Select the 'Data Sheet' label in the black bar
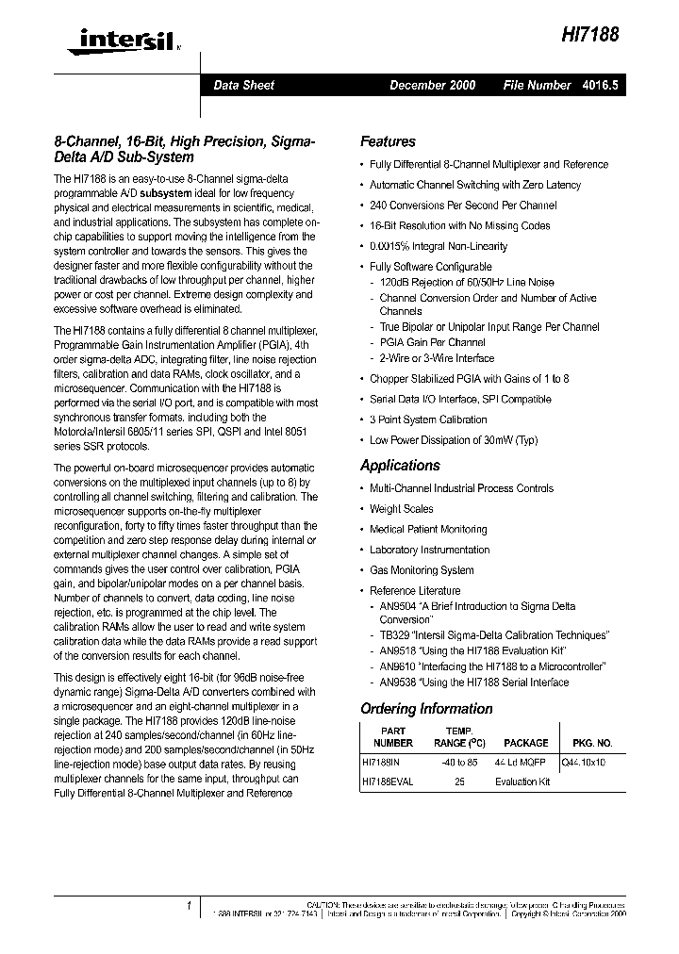click(243, 85)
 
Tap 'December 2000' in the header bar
click(432, 85)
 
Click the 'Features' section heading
click(388, 141)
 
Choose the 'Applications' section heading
click(400, 465)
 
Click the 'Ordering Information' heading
click(426, 709)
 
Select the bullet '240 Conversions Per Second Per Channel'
click(462, 206)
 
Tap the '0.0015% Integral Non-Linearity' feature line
click(438, 246)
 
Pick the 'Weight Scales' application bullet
click(401, 509)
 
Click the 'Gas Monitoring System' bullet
click(421, 570)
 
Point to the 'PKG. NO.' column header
click(592, 743)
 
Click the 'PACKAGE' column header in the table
click(525, 743)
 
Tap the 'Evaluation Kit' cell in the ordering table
click(522, 781)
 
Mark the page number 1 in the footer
click(190, 905)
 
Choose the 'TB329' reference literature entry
click(393, 635)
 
